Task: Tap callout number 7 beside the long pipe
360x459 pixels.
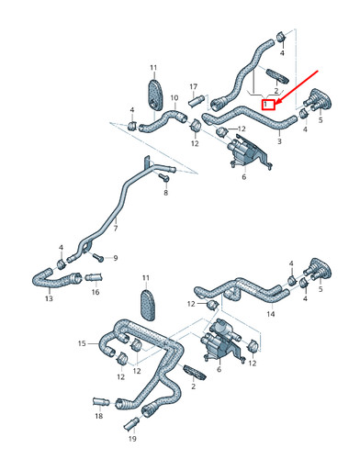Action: [x=116, y=229]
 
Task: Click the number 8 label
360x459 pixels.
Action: [x=165, y=194]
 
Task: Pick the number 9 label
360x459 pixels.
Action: [x=117, y=258]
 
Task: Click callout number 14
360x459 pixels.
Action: [x=271, y=314]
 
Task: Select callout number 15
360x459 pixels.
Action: [x=81, y=343]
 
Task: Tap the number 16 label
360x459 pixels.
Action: [x=96, y=293]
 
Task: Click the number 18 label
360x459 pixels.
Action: [x=98, y=416]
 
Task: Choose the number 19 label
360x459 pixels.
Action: [x=132, y=439]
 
